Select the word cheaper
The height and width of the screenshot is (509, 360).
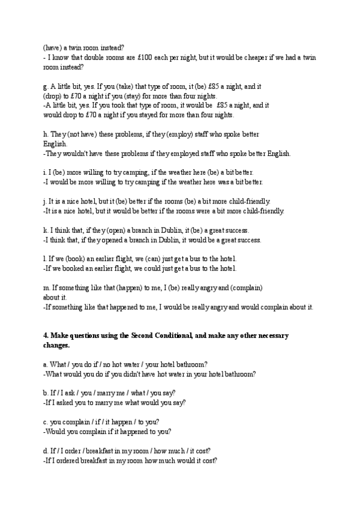tap(263, 58)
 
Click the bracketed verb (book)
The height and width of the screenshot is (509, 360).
tap(79, 259)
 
